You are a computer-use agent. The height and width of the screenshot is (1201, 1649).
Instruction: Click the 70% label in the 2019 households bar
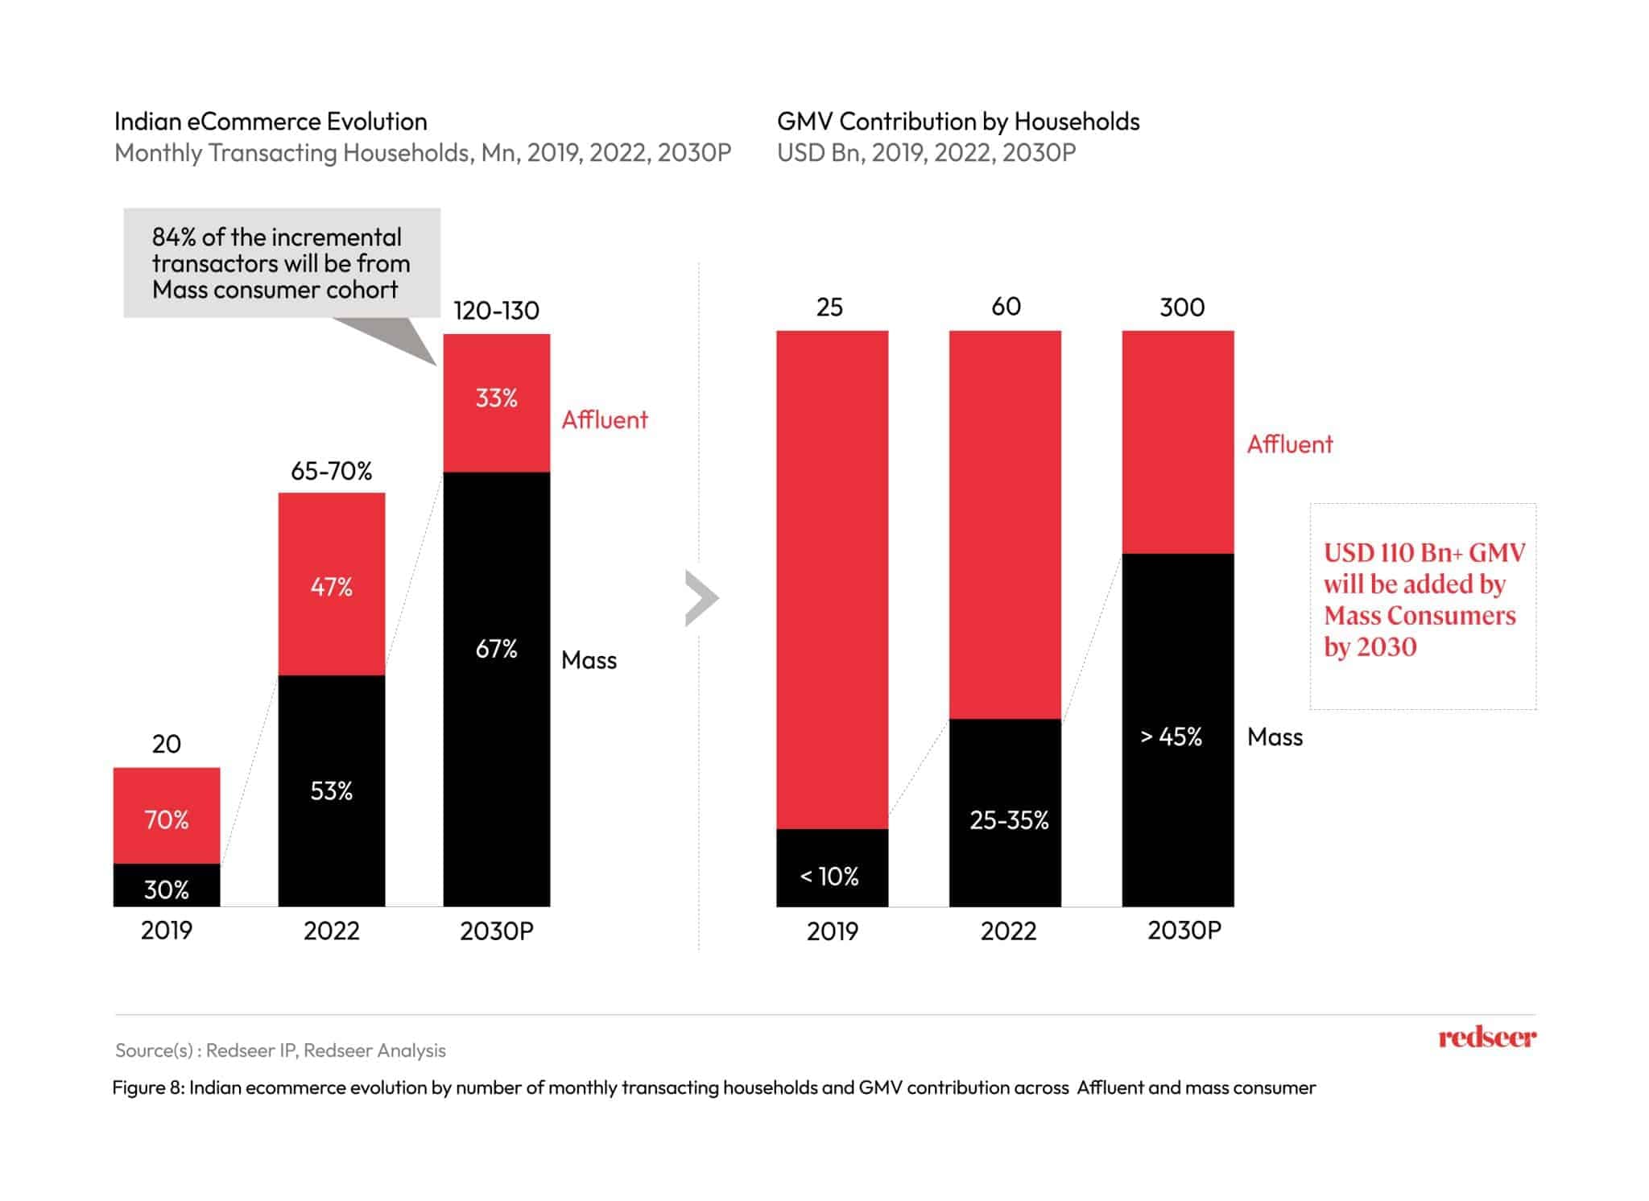pos(166,819)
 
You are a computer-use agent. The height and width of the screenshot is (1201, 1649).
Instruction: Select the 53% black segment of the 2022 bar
pos(331,790)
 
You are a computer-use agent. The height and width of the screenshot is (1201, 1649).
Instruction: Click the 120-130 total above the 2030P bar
pos(496,310)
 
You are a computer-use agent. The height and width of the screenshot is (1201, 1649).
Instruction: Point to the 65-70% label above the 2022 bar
pos(331,470)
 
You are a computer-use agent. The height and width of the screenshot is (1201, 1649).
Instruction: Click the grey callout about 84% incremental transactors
pos(281,262)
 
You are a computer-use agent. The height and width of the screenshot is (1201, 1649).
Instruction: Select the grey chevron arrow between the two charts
pos(701,598)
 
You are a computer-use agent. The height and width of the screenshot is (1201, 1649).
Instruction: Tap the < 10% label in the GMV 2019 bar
pos(829,876)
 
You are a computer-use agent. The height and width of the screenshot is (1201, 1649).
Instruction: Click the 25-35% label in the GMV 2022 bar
pos(1009,819)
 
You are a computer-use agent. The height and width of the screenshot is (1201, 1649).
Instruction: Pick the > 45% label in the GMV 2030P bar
pos(1172,737)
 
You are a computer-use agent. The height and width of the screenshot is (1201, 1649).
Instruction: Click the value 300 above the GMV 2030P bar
pos(1181,307)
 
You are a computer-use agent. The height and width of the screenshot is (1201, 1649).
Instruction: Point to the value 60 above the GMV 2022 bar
pos(1006,306)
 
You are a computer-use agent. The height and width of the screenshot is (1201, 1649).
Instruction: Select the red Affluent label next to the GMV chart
pos(1289,444)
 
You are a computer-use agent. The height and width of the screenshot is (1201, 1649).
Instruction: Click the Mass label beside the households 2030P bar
pos(589,660)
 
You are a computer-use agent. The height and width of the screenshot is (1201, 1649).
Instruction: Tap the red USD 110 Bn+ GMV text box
pos(1424,600)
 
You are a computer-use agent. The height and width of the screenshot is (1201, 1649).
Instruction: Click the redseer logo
pos(1486,1037)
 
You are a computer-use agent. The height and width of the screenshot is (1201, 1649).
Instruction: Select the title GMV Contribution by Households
pos(957,121)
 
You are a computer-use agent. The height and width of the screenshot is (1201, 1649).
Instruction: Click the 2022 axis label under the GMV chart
pos(1008,931)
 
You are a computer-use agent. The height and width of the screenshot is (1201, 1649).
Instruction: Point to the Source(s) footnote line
pos(280,1050)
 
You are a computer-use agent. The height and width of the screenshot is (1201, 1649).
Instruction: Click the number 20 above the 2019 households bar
pos(166,743)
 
